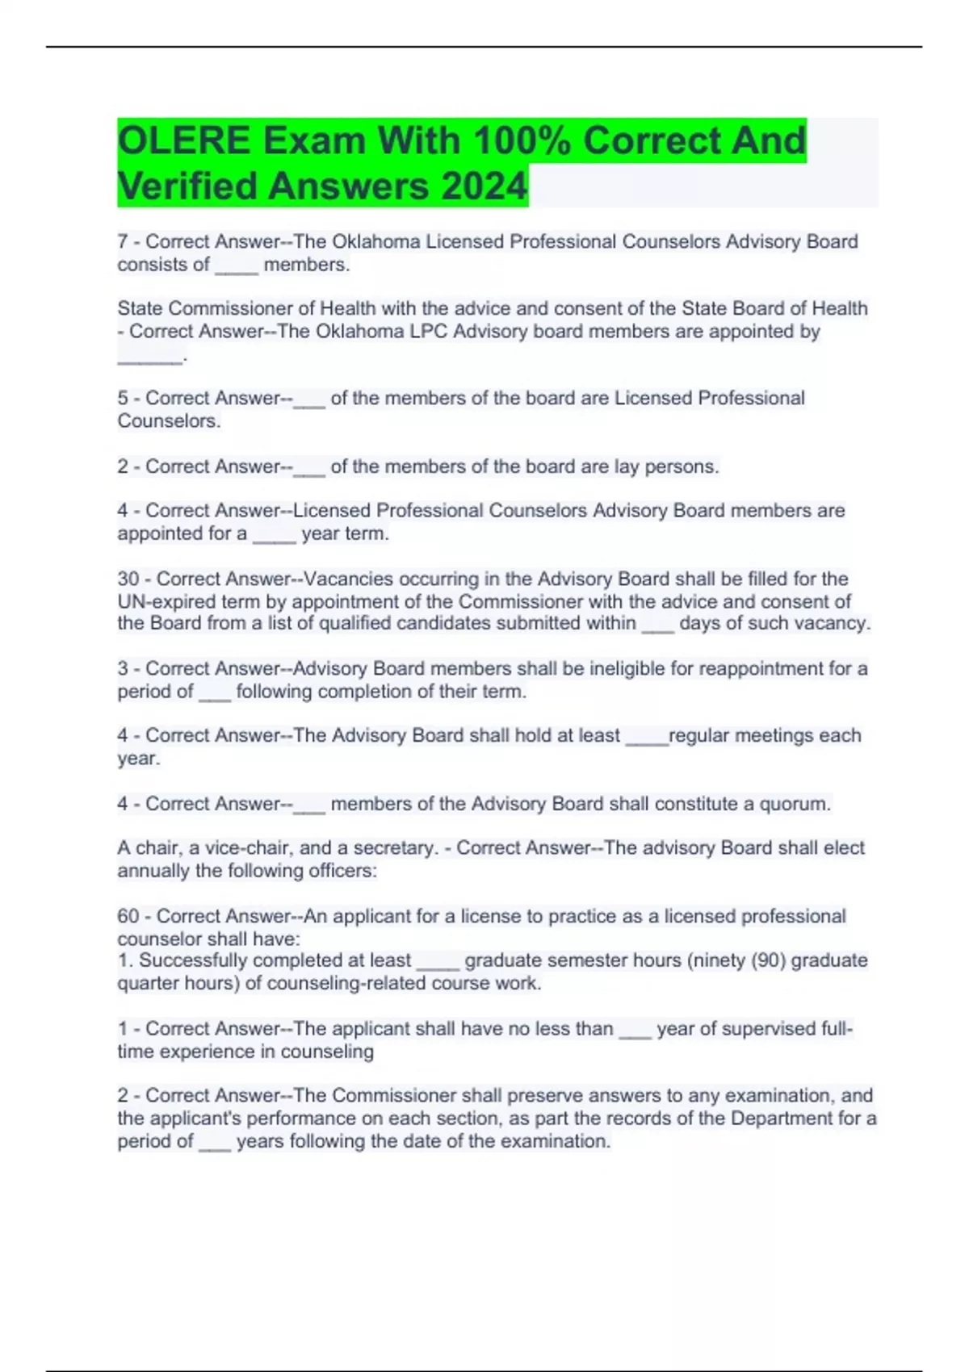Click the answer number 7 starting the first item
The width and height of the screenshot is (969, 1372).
(123, 241)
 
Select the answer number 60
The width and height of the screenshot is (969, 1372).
(128, 916)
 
